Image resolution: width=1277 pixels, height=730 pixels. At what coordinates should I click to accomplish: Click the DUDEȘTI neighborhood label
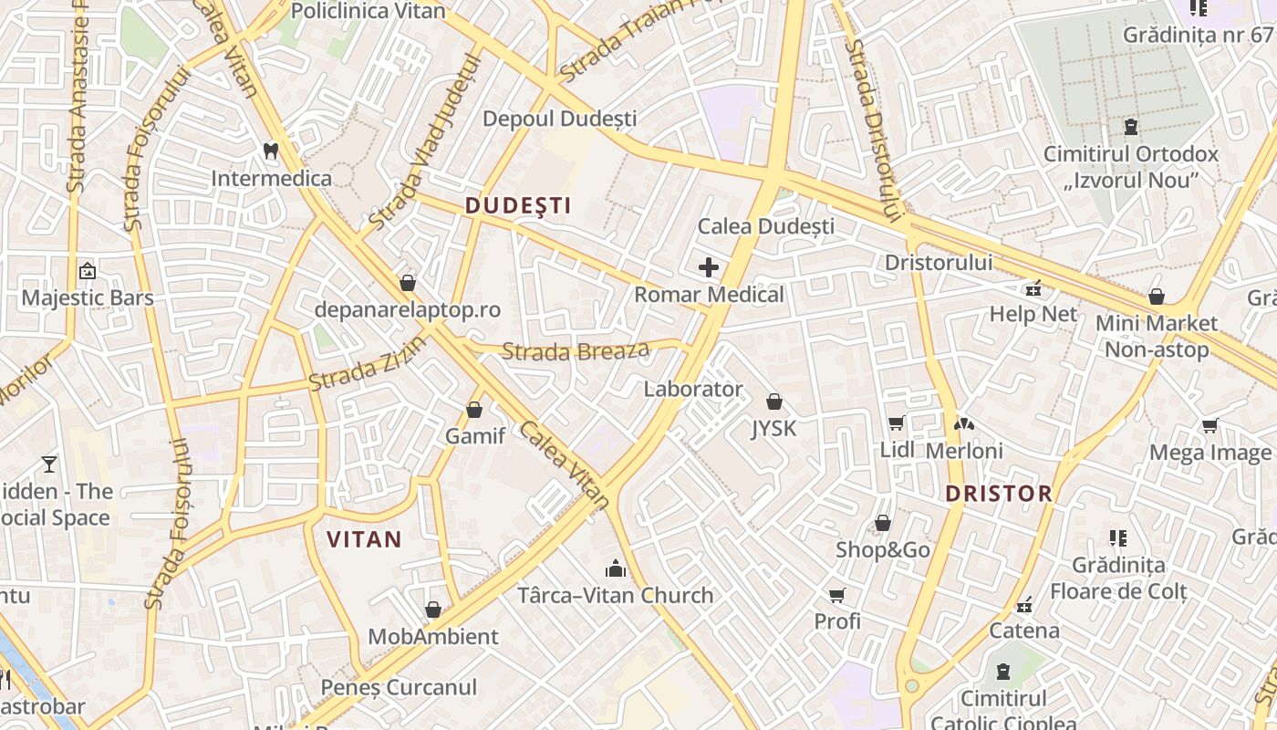(518, 206)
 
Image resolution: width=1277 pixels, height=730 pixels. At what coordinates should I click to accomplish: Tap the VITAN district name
(364, 539)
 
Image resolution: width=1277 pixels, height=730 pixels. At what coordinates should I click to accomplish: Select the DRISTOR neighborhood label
(998, 494)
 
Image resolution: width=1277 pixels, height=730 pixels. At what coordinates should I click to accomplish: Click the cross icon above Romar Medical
(709, 267)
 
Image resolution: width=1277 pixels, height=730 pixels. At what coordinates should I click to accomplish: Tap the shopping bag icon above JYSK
(773, 401)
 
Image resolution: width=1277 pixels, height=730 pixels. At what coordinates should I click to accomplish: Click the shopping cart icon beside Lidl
(896, 422)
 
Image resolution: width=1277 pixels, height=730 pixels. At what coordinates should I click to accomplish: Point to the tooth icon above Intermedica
(270, 150)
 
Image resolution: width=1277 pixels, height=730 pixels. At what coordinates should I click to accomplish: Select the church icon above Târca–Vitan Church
(616, 568)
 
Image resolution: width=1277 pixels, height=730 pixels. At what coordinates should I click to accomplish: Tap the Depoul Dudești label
(559, 119)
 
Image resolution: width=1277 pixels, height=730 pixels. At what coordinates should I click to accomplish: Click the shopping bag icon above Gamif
(474, 410)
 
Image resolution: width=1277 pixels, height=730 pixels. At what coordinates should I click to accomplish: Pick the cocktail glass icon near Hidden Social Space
(49, 464)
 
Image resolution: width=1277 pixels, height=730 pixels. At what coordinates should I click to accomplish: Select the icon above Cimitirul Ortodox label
(1131, 127)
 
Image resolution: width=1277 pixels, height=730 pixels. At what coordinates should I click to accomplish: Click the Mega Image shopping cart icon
(1210, 425)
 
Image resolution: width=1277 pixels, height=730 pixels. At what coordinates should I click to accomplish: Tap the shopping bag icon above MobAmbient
(433, 609)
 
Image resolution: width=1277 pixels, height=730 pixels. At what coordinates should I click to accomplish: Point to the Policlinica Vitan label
(368, 11)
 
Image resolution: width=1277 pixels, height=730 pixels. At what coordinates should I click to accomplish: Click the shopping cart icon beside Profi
(836, 595)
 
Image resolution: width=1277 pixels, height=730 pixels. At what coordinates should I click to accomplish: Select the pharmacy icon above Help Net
(1033, 288)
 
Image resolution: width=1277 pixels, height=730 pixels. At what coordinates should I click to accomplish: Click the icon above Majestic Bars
(88, 271)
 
